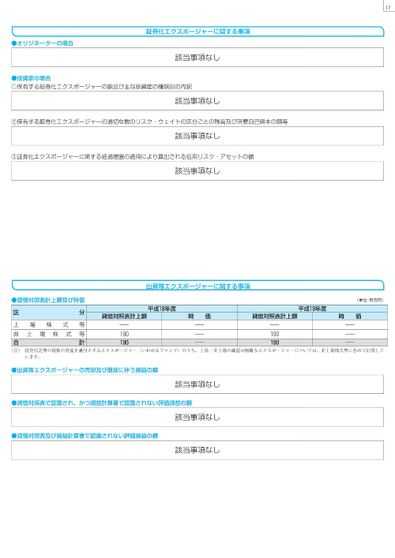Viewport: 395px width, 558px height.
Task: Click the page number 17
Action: point(386,7)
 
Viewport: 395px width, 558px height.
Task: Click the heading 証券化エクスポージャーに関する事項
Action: point(197,32)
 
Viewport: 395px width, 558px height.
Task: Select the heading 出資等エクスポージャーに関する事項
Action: point(197,286)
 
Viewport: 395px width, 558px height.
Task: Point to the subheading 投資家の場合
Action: point(32,79)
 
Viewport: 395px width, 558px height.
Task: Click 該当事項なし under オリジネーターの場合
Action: point(197,58)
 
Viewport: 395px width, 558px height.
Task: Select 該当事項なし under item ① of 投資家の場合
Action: point(197,101)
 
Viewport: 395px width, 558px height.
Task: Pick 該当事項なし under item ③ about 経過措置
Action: point(197,171)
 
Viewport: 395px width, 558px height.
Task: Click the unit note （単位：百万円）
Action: point(370,300)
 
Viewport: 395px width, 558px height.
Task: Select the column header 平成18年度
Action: point(161,309)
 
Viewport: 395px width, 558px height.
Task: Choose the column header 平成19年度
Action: point(311,309)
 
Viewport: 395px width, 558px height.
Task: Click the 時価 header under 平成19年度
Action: point(348,316)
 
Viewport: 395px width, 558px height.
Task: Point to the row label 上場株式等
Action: point(48,324)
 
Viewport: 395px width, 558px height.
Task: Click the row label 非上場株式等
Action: point(48,334)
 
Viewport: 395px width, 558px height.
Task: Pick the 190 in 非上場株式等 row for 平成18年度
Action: point(124,334)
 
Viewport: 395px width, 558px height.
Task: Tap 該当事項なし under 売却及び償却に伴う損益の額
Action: point(197,384)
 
